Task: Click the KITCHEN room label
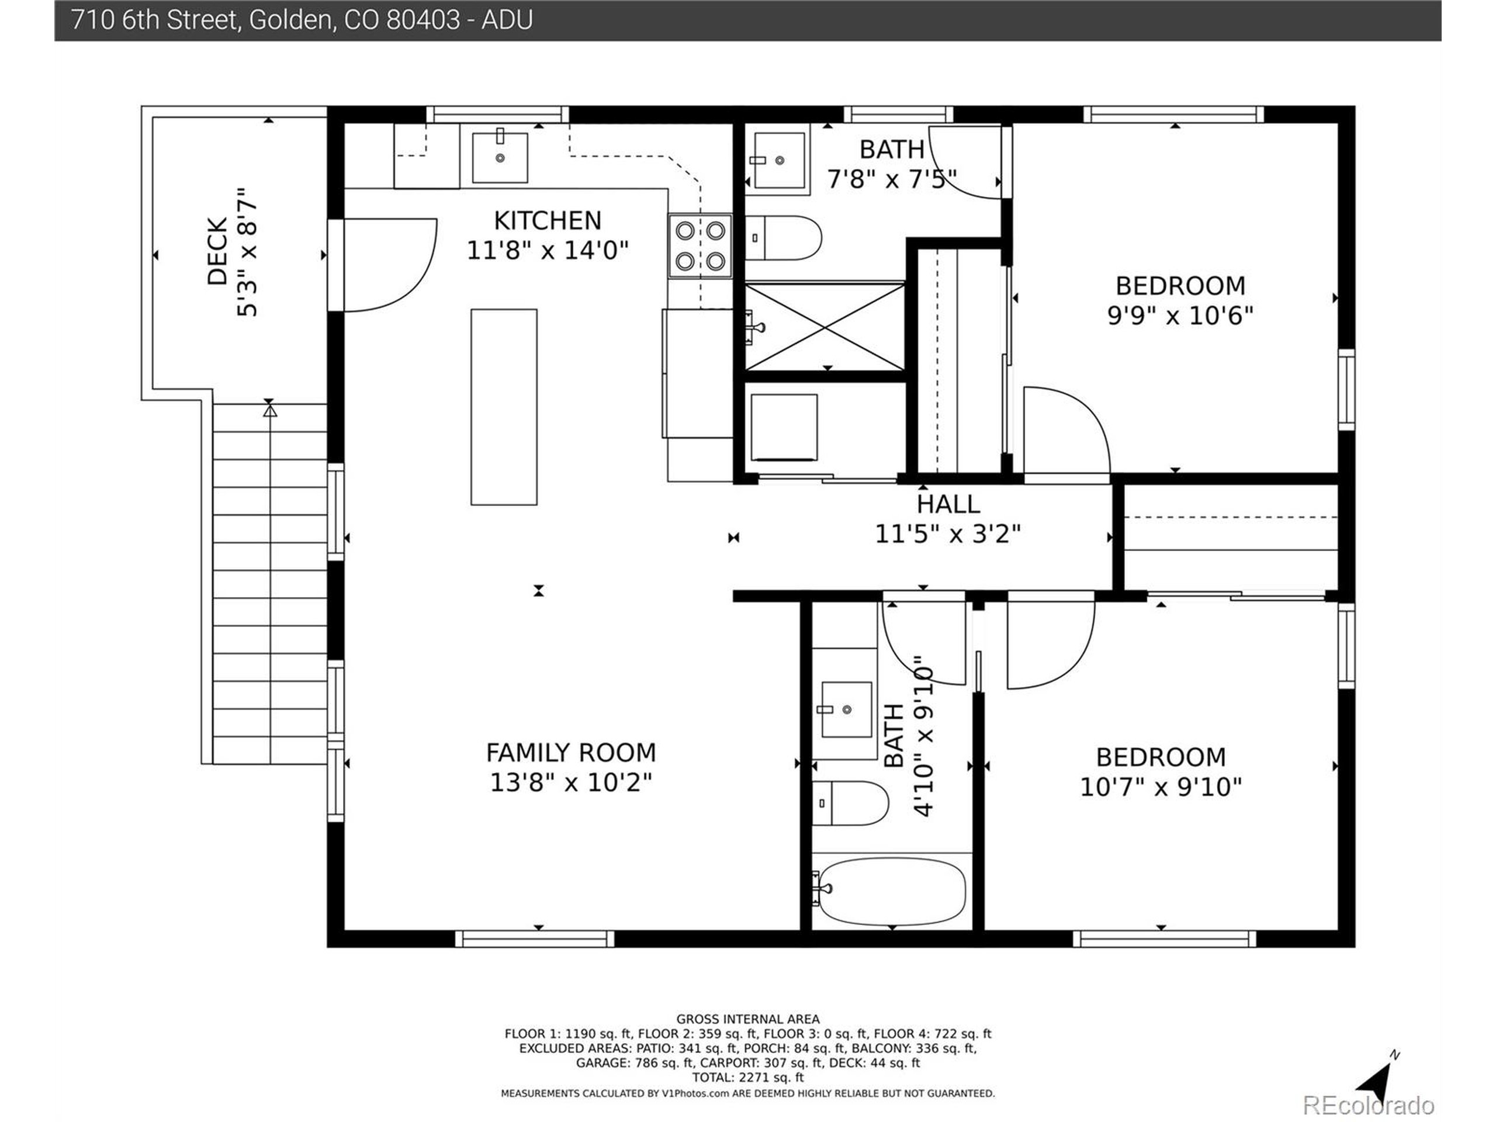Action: [x=547, y=220]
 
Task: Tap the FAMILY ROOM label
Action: [x=571, y=752]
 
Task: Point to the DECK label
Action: [x=216, y=252]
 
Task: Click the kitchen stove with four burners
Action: [x=700, y=246]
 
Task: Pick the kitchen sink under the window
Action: [x=500, y=156]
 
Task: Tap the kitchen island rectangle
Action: [x=504, y=407]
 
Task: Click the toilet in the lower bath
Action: [x=850, y=804]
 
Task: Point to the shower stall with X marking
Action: [x=825, y=327]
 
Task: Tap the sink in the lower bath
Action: [x=846, y=709]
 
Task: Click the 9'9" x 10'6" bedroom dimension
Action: [x=1180, y=315]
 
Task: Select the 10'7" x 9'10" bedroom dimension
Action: [x=1161, y=787]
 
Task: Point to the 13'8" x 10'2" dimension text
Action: [x=571, y=782]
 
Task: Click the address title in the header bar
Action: [x=302, y=20]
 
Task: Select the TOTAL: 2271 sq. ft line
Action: [x=747, y=1078]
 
